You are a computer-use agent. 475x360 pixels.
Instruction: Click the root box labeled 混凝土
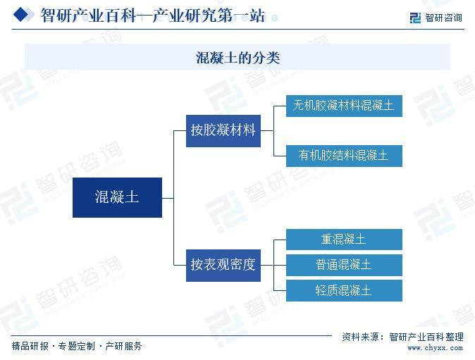coord(117,197)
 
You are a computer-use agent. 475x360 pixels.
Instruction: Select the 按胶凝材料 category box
coord(223,131)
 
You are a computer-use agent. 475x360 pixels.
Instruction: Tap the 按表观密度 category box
coord(223,265)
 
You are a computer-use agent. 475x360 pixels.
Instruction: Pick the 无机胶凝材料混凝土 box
coord(344,106)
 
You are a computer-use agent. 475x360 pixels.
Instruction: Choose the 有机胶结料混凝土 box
coord(344,156)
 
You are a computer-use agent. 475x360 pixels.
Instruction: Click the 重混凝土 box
coord(344,240)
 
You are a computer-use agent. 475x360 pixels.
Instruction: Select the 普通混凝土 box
coord(344,265)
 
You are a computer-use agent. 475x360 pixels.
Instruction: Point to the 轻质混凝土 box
coord(344,291)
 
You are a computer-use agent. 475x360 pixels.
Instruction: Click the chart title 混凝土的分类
coord(237,58)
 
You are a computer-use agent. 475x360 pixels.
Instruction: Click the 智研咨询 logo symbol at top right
coord(415,18)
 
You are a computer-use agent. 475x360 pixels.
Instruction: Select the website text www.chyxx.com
coord(435,348)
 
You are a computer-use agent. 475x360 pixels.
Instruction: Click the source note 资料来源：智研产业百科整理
coord(402,337)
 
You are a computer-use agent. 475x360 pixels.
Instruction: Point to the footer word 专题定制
coord(76,346)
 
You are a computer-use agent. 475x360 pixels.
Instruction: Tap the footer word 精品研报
coord(30,346)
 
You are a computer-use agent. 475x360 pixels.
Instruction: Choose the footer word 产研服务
coord(123,346)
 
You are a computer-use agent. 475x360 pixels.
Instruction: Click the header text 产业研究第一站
coord(209,15)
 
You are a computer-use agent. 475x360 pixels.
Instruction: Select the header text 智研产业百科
coord(89,15)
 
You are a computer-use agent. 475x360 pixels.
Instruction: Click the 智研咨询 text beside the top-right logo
coord(443,18)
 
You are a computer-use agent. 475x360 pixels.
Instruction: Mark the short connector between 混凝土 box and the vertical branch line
coord(168,198)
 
